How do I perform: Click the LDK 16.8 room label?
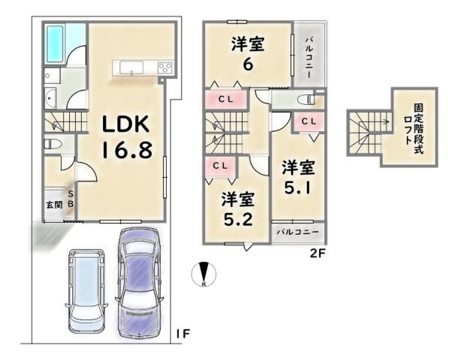(127, 137)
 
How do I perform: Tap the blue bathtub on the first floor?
(55, 43)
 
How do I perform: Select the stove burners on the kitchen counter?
(165, 68)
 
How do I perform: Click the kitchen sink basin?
(131, 67)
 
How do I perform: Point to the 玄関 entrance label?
(55, 205)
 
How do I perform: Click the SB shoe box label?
(71, 199)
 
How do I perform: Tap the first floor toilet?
(53, 144)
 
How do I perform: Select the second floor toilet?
(306, 100)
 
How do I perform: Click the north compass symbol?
(204, 274)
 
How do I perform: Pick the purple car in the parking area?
(139, 282)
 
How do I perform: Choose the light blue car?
(86, 290)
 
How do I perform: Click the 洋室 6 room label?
(248, 54)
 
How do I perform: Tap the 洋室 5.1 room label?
(298, 177)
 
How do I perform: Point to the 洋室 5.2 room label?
(238, 209)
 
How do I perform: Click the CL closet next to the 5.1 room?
(309, 121)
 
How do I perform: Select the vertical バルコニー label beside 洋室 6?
(309, 57)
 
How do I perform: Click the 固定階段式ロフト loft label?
(414, 128)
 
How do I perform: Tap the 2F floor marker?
(318, 253)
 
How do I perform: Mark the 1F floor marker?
(183, 334)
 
